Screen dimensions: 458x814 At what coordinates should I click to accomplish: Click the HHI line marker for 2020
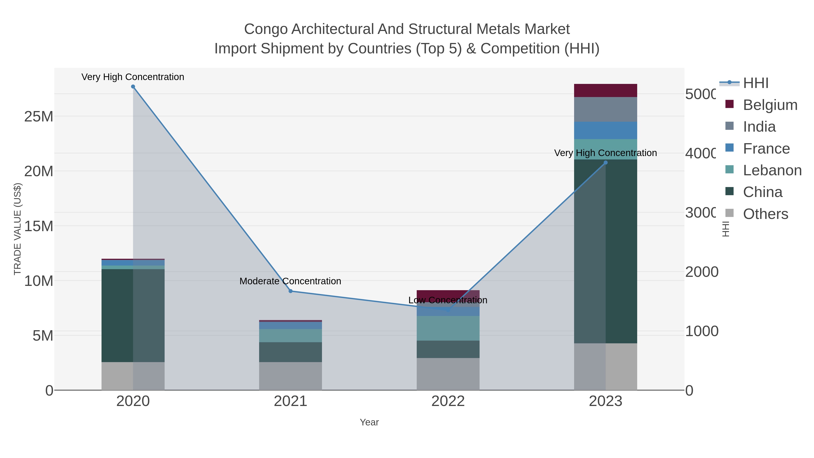[133, 87]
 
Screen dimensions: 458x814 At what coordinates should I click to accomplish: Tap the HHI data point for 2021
[290, 291]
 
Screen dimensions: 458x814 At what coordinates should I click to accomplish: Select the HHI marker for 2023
[606, 163]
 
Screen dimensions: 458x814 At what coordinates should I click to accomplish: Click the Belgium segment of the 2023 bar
[606, 90]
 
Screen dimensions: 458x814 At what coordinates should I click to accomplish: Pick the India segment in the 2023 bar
[606, 109]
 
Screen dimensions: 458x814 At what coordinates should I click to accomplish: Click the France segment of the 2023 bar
[606, 130]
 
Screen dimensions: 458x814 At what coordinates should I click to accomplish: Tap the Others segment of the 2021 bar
[290, 376]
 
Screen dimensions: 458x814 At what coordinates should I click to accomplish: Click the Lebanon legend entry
[772, 170]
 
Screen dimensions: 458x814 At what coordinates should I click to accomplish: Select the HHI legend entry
[755, 83]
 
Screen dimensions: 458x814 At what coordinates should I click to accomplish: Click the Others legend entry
[765, 214]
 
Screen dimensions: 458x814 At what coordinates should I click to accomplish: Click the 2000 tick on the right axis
[701, 272]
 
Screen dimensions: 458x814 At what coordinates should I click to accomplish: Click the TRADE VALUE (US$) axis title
[17, 229]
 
